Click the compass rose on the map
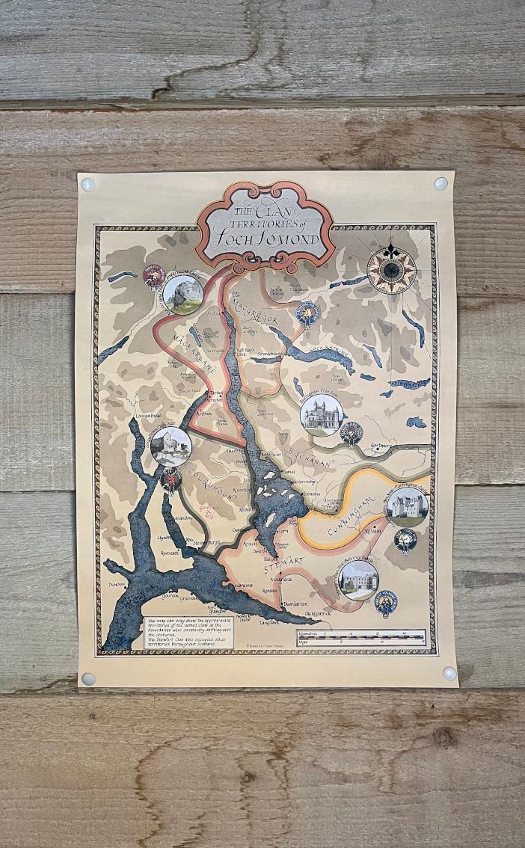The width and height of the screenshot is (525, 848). click(x=392, y=268)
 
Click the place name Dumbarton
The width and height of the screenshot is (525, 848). click(x=292, y=603)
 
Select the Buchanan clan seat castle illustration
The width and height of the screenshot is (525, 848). click(x=322, y=415)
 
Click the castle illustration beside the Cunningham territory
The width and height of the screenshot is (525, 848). click(x=407, y=506)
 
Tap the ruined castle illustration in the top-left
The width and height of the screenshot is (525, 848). click(x=182, y=294)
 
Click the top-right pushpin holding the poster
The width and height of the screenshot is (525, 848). click(x=440, y=183)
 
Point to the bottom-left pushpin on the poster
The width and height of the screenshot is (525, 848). click(x=88, y=679)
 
